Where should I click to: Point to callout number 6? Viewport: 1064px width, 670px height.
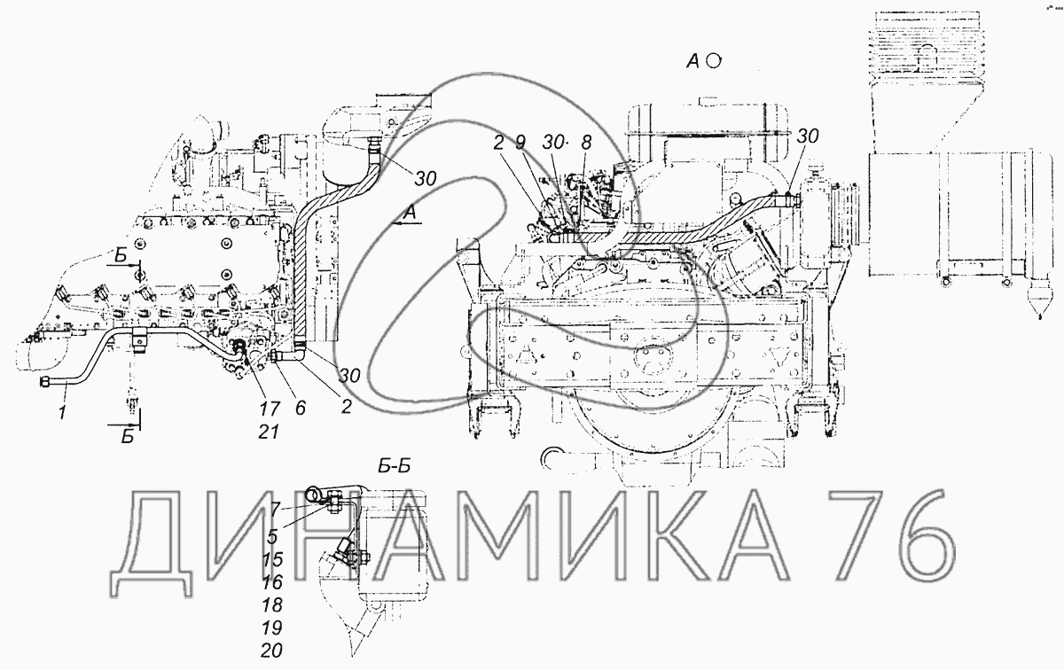coord(301,409)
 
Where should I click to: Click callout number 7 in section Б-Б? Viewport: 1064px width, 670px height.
coord(276,507)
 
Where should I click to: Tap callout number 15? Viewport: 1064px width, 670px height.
coord(273,560)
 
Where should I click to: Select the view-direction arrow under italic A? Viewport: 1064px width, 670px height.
coord(407,226)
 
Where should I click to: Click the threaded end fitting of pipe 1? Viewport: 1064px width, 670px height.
coord(45,381)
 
